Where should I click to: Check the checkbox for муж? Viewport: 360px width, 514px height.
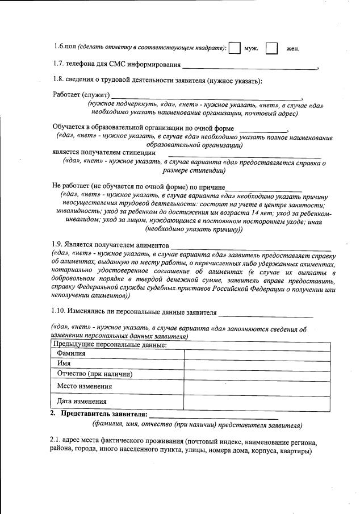tap(235, 48)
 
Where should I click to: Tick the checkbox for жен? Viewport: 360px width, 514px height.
tap(271, 48)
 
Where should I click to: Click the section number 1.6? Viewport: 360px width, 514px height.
tap(58, 48)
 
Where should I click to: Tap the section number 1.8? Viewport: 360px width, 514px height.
tap(59, 81)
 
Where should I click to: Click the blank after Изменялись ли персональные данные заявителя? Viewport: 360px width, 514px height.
tap(266, 315)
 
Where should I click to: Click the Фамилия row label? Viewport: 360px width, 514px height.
tap(71, 353)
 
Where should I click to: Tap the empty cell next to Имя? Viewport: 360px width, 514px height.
tap(257, 363)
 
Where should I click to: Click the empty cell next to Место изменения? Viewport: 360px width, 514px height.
tap(257, 386)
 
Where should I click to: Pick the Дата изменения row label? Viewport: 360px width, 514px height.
tap(81, 402)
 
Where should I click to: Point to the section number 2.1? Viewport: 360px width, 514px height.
tap(55, 442)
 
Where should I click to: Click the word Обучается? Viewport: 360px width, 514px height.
tap(70, 128)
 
